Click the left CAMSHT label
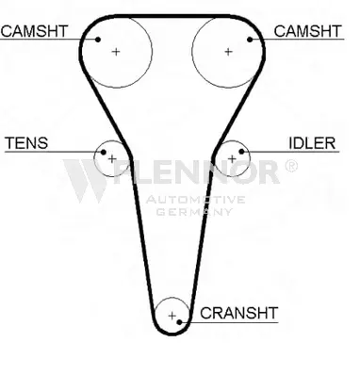(x=34, y=31)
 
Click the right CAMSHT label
(x=307, y=31)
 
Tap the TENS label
(x=26, y=143)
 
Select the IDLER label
(x=312, y=143)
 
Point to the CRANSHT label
(x=239, y=313)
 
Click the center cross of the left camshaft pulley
(x=116, y=52)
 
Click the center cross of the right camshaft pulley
(x=228, y=52)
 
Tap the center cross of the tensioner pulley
(x=112, y=159)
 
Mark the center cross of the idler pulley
(x=232, y=159)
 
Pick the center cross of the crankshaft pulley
(x=172, y=316)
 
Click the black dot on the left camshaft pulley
(x=98, y=40)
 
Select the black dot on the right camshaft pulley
(x=250, y=40)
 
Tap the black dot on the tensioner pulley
(x=104, y=153)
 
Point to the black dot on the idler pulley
(x=241, y=152)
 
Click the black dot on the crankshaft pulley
(x=180, y=322)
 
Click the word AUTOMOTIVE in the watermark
(x=195, y=200)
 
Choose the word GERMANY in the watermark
(x=194, y=212)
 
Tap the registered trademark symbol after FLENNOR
(x=291, y=166)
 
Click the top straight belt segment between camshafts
(x=172, y=16)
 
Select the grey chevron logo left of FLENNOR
(x=85, y=180)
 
